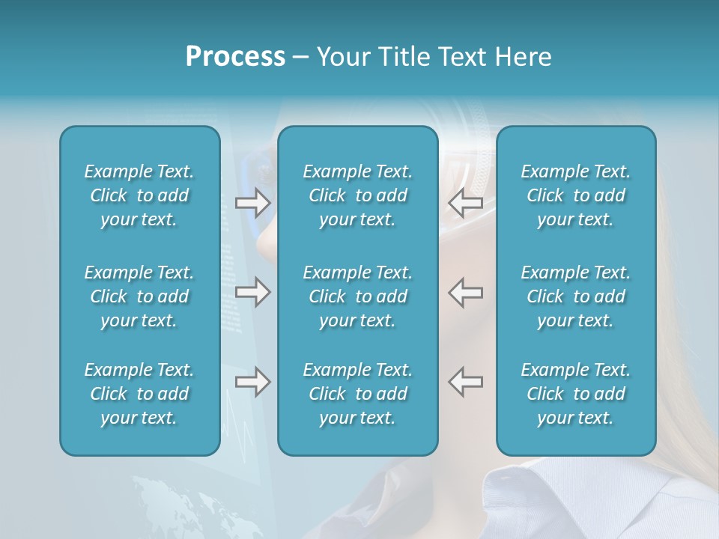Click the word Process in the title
coord(235,57)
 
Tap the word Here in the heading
coord(524,57)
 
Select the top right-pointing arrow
coord(252,202)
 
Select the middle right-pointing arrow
coord(252,292)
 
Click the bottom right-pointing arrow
coord(252,382)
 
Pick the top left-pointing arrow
coord(466,202)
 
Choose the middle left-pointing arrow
coord(466,292)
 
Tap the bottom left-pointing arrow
coord(466,382)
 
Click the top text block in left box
coord(139,195)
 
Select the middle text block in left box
coord(139,296)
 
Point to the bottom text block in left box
coord(139,394)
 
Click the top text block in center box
coord(357,195)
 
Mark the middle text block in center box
coord(357,296)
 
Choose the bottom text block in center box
coord(357,394)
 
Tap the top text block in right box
coord(575,195)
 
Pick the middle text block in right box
coord(575,296)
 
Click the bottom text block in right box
coord(575,394)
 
